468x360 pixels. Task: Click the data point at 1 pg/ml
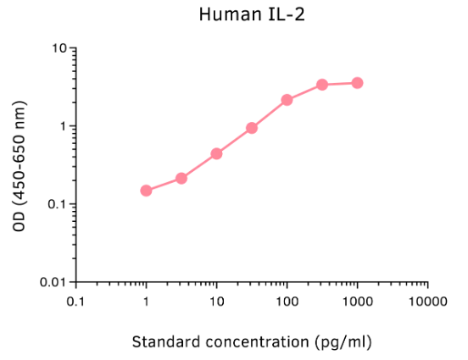click(x=146, y=191)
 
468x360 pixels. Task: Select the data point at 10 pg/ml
click(x=216, y=153)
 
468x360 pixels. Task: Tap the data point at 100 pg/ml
click(x=287, y=100)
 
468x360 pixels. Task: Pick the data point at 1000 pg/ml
click(x=357, y=83)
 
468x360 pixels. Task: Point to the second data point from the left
click(x=181, y=178)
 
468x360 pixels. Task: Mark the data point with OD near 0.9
click(x=252, y=128)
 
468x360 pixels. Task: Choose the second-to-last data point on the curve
click(x=322, y=85)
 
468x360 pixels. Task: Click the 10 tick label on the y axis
click(x=59, y=48)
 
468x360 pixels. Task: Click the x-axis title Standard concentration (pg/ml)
click(x=252, y=341)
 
